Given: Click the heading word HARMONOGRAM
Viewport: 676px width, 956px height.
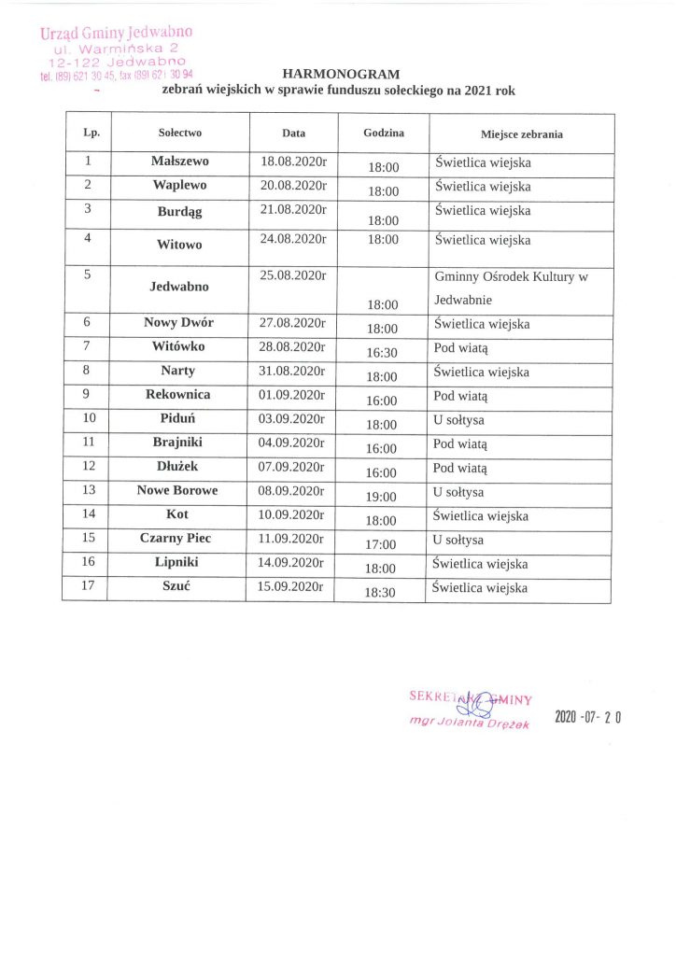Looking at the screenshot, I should click(x=340, y=73).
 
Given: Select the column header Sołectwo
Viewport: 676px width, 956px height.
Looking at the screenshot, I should click(x=180, y=134).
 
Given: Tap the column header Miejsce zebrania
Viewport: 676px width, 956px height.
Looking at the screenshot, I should click(x=522, y=134).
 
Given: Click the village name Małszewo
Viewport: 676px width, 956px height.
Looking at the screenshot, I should click(x=180, y=161).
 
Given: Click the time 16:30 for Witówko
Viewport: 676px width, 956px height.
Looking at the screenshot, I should click(x=382, y=353).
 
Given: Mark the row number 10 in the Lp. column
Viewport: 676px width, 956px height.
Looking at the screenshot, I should click(x=90, y=418).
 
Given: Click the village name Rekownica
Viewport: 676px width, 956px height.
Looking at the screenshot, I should click(x=178, y=394).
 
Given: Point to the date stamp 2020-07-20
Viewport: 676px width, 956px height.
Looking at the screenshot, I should click(x=588, y=717).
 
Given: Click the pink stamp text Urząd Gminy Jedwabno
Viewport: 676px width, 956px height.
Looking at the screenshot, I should click(x=116, y=34).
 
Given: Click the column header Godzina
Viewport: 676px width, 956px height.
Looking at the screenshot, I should click(x=384, y=134).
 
